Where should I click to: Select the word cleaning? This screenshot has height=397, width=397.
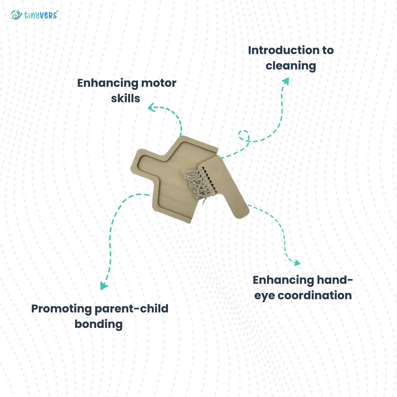pos(291,66)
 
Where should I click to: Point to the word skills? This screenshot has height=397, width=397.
pos(126,99)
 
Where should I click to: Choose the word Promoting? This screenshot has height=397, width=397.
pos(61,309)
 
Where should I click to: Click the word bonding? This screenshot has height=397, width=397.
pos(99,324)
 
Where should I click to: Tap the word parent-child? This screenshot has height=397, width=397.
pos(132,309)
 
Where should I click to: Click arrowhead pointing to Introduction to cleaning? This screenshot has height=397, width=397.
pos(286,81)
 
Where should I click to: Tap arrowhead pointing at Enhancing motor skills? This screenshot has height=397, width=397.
pos(151,108)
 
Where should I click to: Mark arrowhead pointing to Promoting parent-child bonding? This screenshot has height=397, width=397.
pos(104,286)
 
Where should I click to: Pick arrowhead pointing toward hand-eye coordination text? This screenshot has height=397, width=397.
pos(297,263)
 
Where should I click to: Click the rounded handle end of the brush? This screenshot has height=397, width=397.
pos(241,212)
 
